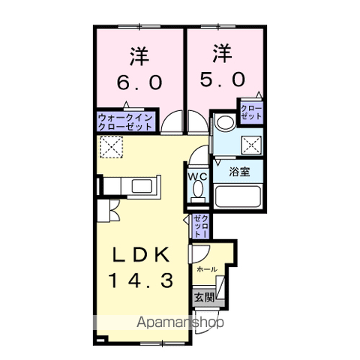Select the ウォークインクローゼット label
(125, 121)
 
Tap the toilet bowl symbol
(197, 193)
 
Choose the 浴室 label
(240, 171)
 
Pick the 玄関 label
(204, 297)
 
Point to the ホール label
(206, 268)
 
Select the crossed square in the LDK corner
(112, 147)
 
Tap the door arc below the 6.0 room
(173, 123)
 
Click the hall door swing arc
(200, 254)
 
